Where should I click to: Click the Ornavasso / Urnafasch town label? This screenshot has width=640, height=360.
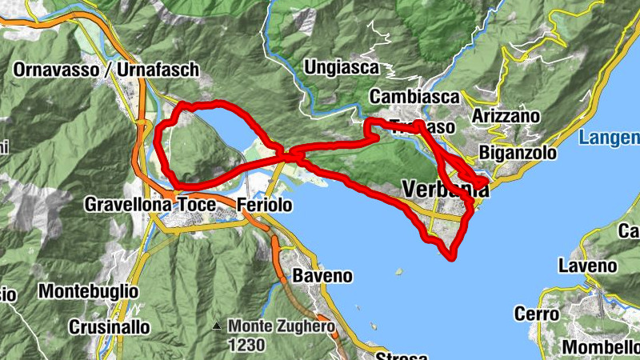[106, 70]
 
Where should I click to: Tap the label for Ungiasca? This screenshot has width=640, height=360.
[341, 68]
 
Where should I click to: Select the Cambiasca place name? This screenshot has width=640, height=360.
[414, 97]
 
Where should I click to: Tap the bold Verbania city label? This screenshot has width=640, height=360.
[442, 190]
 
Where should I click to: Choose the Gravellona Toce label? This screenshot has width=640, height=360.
[150, 206]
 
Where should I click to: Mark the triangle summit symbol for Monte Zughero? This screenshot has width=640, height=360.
[218, 326]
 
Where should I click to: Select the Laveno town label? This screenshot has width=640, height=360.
[587, 266]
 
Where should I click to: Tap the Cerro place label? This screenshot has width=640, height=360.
[536, 314]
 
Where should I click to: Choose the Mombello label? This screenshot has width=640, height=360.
[600, 348]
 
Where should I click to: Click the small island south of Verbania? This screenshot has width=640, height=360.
[398, 271]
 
